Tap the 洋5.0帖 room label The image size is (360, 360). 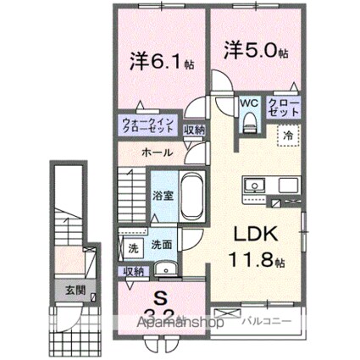pyautogui.click(x=256, y=51)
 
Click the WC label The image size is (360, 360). pyautogui.click(x=248, y=103)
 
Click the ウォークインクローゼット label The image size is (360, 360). pyautogui.click(x=147, y=127)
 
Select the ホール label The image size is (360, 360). pyautogui.click(x=158, y=152)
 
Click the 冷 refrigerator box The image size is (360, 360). pyautogui.click(x=288, y=136)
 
